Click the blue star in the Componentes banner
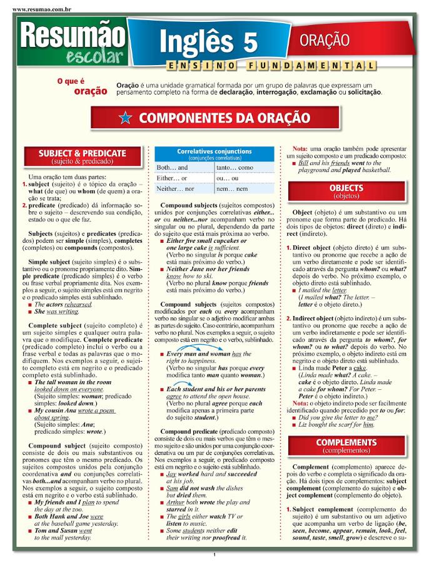coord(124,117)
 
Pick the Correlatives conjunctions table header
coord(214,154)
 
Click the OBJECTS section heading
coord(346,191)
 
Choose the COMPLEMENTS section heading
coord(346,445)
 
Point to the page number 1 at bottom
coord(214,554)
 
